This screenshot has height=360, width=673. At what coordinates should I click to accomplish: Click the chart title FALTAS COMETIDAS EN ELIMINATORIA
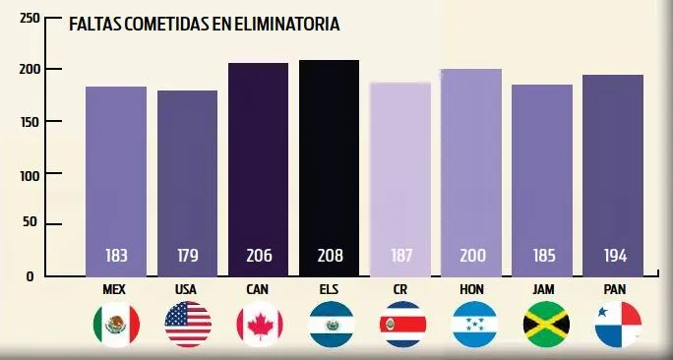tap(204, 25)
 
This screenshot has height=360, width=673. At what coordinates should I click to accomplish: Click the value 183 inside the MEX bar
tap(116, 256)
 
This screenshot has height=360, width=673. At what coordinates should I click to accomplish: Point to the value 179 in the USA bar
tap(187, 256)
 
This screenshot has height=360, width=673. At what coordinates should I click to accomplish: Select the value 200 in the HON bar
tap(471, 256)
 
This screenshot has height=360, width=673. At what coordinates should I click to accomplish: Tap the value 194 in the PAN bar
tap(615, 256)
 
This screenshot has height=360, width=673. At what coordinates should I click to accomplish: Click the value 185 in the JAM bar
tap(542, 256)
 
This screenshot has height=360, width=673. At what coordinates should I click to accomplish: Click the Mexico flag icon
tap(116, 325)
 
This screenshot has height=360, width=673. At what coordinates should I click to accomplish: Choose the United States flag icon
tap(188, 325)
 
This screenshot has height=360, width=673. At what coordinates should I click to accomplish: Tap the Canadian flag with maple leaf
tap(260, 325)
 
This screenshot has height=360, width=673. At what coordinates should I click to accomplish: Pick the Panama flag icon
tap(618, 325)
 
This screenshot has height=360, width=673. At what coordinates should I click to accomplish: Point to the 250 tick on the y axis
tap(30, 19)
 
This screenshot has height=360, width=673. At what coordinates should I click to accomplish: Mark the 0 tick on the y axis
tap(30, 276)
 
